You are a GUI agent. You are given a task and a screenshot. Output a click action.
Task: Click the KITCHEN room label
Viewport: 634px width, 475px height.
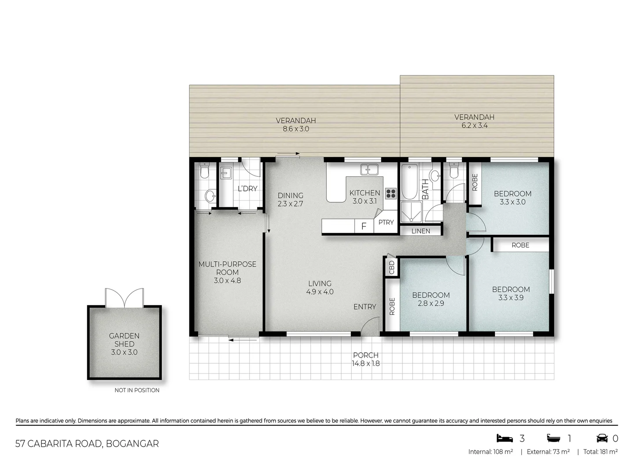click(x=365, y=193)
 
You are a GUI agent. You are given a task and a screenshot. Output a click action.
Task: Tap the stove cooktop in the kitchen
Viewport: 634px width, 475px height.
click(x=391, y=194)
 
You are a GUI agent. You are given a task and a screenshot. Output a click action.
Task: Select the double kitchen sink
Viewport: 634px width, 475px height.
click(x=369, y=169)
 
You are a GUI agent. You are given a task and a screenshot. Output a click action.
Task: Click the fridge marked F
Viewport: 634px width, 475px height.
click(x=364, y=226)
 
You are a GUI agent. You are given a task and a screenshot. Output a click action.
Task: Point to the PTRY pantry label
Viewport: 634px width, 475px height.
click(x=386, y=223)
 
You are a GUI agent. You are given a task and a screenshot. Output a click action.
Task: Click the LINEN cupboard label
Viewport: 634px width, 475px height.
click(x=420, y=231)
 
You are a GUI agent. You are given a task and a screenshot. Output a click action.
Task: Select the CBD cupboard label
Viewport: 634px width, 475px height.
click(x=391, y=267)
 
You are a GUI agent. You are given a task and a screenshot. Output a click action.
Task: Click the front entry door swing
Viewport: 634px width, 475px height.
click(x=369, y=327)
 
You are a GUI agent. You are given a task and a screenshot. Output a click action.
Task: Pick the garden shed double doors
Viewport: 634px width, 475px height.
click(x=125, y=298)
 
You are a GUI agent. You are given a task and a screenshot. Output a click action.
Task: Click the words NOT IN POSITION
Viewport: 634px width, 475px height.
click(x=137, y=390)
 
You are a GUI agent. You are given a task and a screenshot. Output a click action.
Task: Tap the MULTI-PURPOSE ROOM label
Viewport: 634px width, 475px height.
click(x=227, y=268)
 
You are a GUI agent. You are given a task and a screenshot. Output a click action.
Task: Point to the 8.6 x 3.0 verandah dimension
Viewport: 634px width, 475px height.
click(x=295, y=129)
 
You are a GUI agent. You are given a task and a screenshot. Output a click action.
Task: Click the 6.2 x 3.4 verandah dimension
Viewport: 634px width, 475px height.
click(x=474, y=125)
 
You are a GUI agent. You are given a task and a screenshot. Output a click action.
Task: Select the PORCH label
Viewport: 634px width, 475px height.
click(x=365, y=355)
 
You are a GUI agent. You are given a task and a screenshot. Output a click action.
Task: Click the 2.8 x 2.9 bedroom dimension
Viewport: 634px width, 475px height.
click(x=431, y=303)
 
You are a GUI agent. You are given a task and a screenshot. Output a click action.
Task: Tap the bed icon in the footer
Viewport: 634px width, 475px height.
click(x=505, y=438)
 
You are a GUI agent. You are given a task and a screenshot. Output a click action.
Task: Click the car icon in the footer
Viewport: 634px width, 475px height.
click(x=602, y=438)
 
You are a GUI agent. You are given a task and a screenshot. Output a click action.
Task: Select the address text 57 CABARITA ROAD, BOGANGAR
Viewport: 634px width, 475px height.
click(x=87, y=443)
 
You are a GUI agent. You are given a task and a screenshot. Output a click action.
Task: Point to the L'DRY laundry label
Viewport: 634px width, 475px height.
click(x=247, y=189)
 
